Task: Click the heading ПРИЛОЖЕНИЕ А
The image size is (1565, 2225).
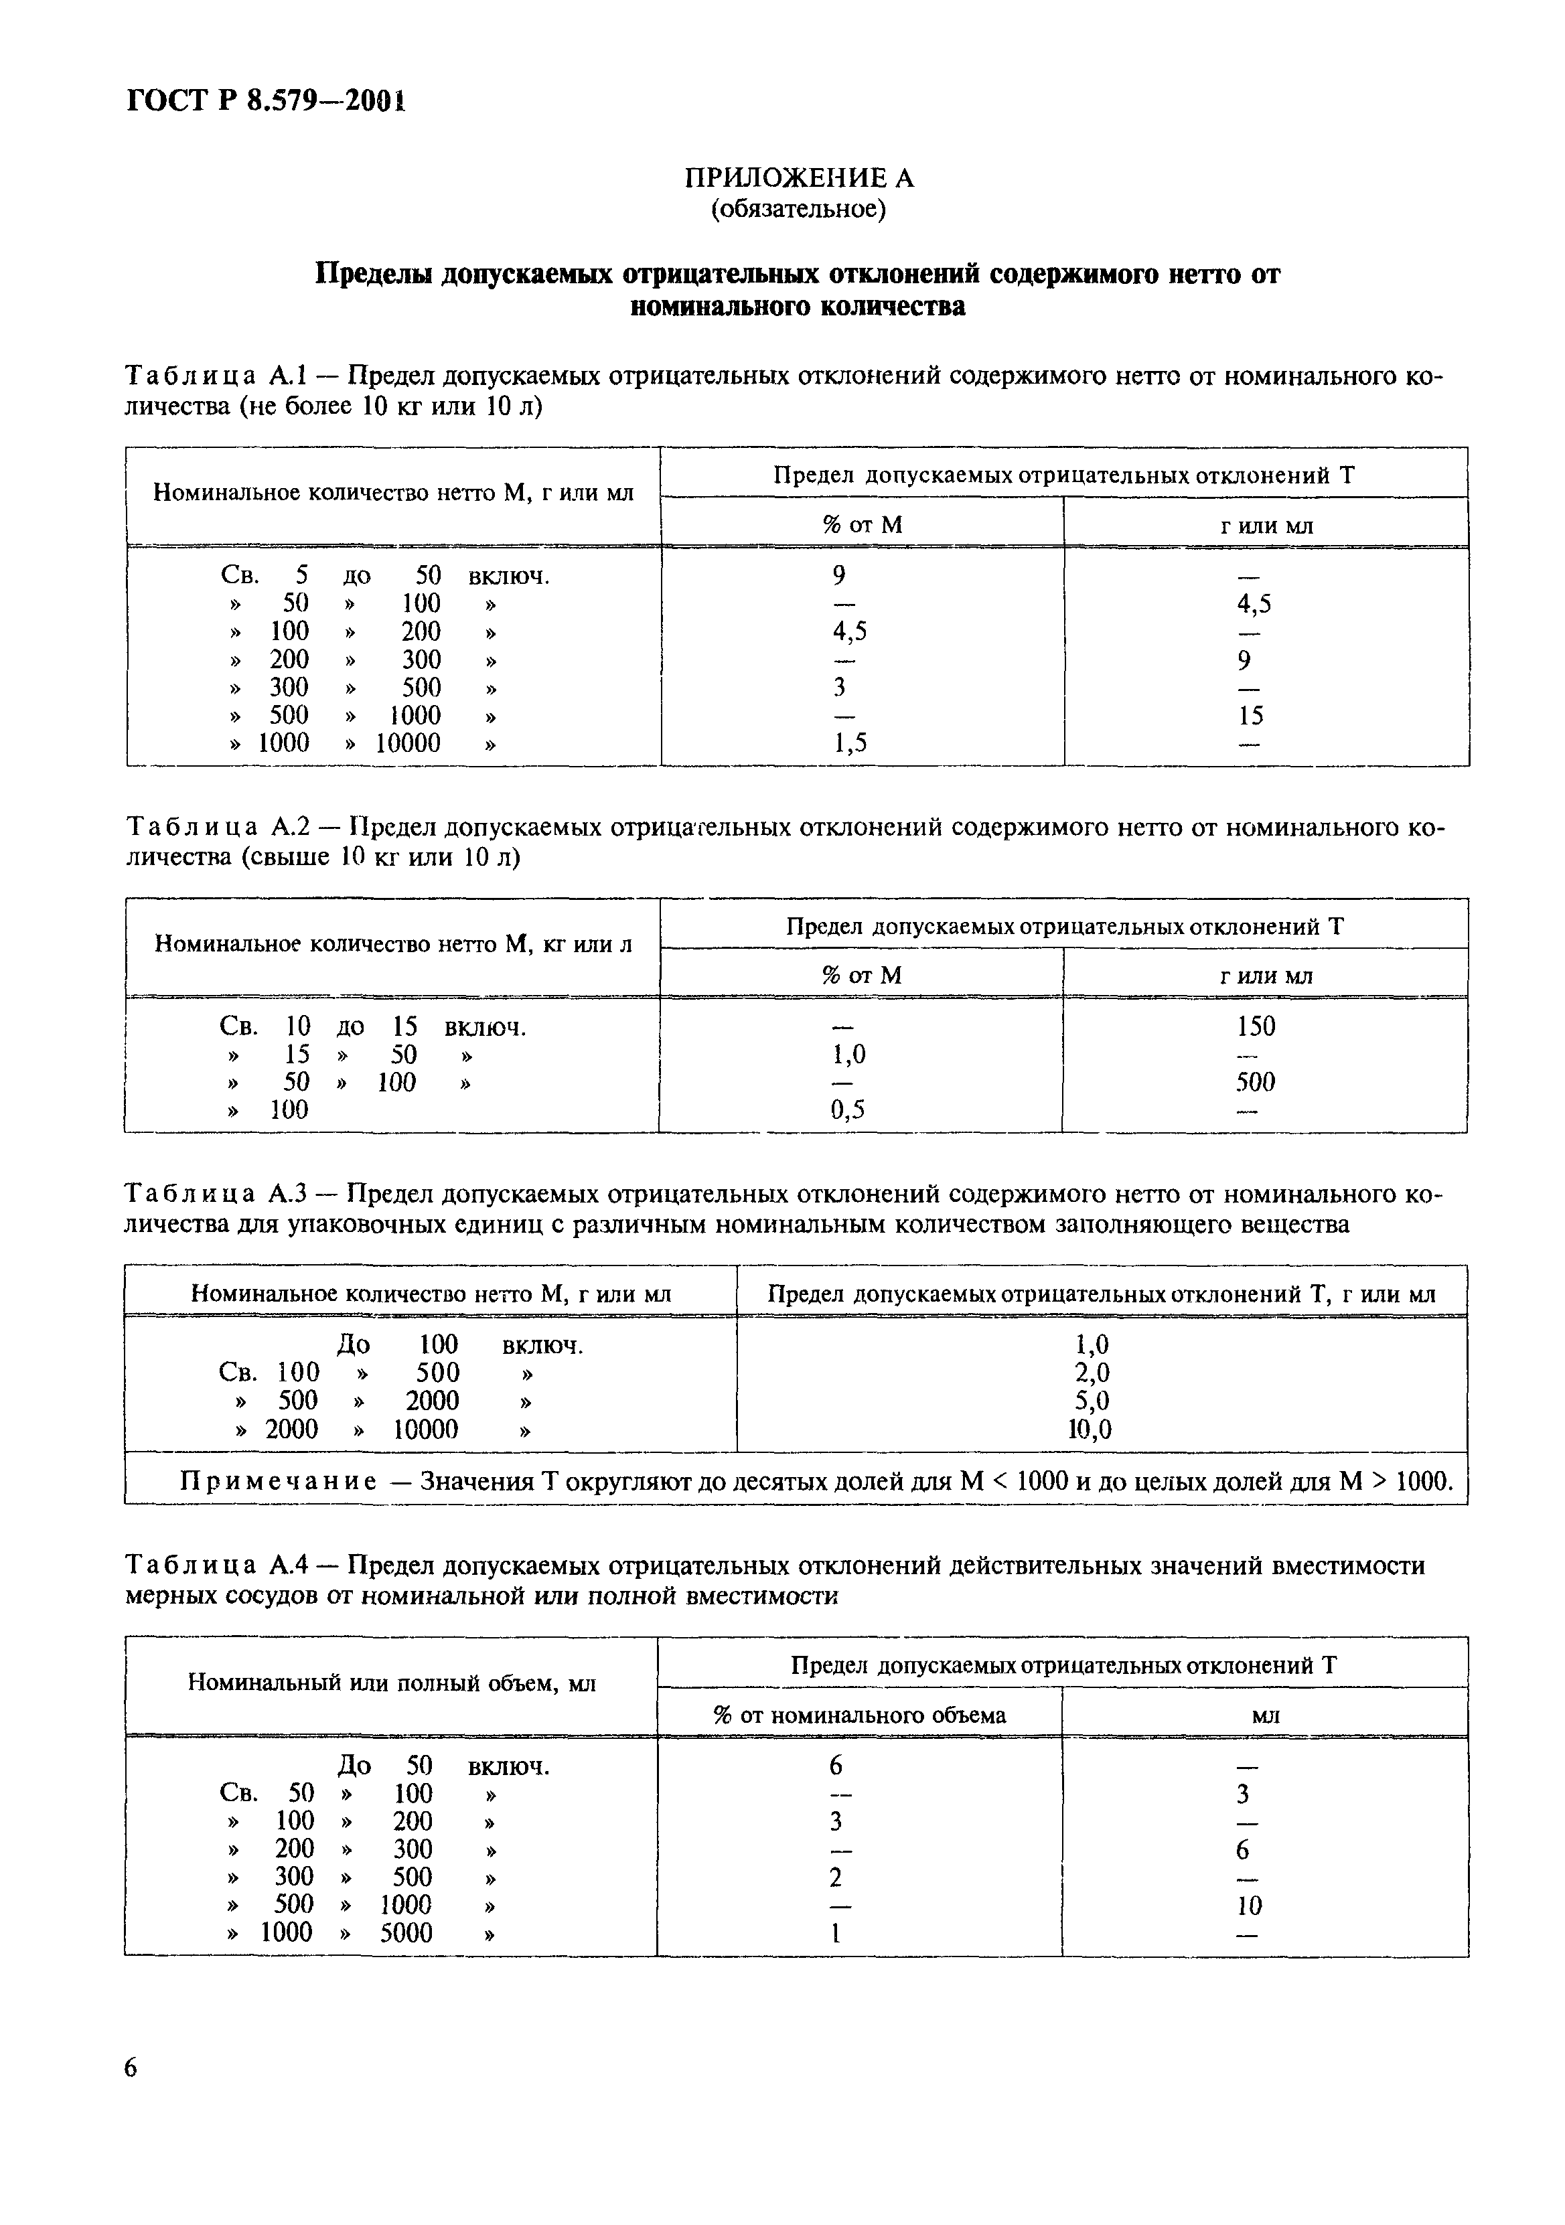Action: click(x=800, y=178)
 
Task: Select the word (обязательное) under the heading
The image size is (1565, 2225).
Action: click(x=800, y=208)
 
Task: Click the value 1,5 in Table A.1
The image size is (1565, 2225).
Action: click(x=850, y=743)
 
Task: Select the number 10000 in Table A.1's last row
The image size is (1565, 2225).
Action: click(x=408, y=743)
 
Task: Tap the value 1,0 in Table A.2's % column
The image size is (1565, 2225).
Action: click(x=848, y=1055)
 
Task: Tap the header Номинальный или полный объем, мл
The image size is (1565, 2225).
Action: click(x=392, y=1683)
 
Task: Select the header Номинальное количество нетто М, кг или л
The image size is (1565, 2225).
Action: click(x=394, y=944)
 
